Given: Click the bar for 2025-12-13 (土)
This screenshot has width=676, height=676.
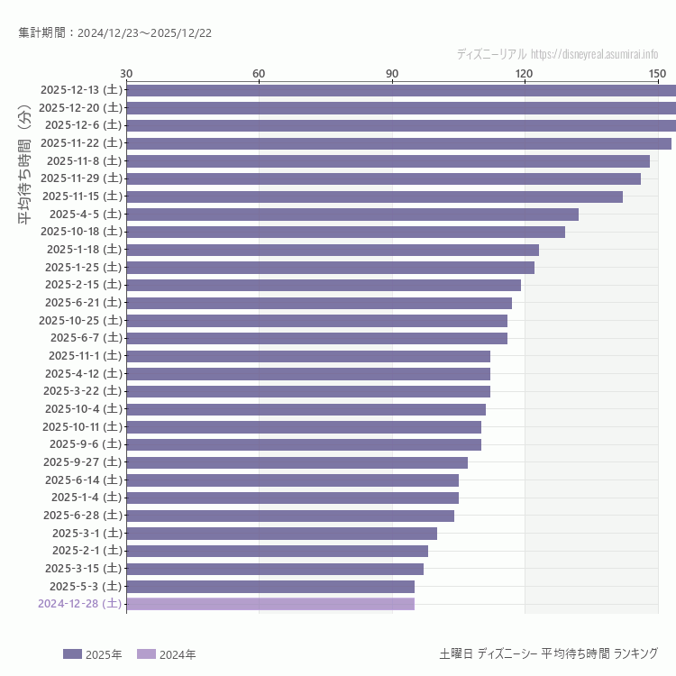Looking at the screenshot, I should click(x=401, y=90).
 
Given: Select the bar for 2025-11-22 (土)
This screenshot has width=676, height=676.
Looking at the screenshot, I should click(x=398, y=143).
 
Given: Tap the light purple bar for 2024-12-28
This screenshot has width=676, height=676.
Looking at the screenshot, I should click(x=270, y=604).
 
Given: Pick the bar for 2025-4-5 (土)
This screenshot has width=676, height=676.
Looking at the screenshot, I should click(x=352, y=214).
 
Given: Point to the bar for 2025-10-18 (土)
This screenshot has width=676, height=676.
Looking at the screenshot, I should click(x=345, y=232).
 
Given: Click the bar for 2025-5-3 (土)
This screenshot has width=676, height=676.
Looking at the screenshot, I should click(x=270, y=587).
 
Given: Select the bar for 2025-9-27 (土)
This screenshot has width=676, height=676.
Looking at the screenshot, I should click(x=297, y=462).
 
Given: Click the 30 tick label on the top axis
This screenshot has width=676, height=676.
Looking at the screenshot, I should click(x=126, y=73).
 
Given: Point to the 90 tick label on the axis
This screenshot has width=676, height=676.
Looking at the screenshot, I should click(x=392, y=73).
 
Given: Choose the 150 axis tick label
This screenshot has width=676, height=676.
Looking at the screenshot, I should click(x=657, y=73).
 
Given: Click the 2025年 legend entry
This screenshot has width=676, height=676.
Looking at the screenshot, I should click(x=85, y=654).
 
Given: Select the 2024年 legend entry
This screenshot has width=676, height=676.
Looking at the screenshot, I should click(x=166, y=654).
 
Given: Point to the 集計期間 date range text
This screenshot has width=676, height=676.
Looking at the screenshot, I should click(x=114, y=33).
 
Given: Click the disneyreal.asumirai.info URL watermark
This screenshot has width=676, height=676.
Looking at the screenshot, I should click(x=594, y=55).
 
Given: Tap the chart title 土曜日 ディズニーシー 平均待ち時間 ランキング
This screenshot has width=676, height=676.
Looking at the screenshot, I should click(x=548, y=653).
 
